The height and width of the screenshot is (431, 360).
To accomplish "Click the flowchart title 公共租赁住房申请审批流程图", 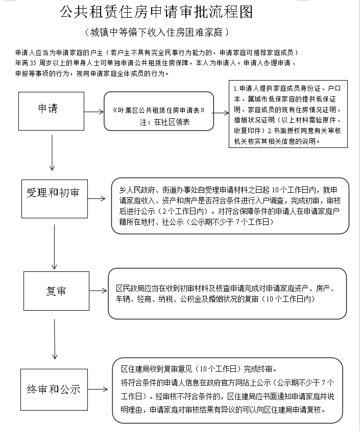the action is (x=156, y=12).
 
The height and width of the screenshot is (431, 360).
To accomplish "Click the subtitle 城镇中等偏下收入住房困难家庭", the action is (x=157, y=33).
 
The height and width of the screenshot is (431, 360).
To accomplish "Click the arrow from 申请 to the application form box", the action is (x=94, y=112).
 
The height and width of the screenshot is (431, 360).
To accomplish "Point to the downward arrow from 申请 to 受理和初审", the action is (x=52, y=153).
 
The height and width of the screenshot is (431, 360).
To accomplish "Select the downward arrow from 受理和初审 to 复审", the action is (x=54, y=246).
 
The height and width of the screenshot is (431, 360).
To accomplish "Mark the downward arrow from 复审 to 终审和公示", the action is (x=55, y=339).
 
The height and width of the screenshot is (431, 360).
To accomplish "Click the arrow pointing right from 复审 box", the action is (x=98, y=291).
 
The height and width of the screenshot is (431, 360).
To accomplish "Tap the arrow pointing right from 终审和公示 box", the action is (x=98, y=389).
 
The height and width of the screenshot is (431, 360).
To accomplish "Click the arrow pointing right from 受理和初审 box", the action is (x=97, y=198).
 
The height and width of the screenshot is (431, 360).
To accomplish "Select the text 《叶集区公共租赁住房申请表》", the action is (x=159, y=110).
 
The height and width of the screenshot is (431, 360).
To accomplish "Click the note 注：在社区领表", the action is (x=164, y=122).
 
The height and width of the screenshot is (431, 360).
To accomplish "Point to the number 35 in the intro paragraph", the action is (x=33, y=63).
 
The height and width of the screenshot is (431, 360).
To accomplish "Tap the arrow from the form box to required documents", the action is (x=221, y=113).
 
